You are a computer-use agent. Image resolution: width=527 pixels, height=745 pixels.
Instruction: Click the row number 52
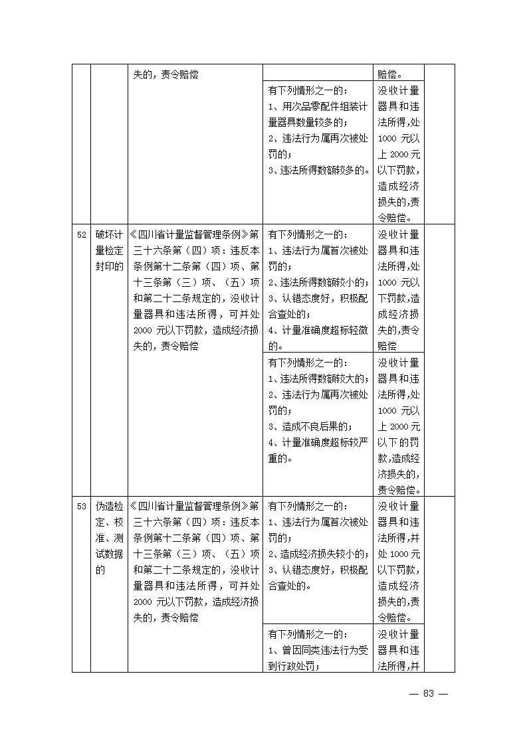coord(82,235)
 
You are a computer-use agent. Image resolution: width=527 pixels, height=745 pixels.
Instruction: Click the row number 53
coord(82,507)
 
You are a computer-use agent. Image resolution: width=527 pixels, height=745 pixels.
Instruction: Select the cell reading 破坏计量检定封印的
coord(109,251)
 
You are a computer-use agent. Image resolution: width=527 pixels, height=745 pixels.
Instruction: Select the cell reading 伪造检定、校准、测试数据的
coord(109,538)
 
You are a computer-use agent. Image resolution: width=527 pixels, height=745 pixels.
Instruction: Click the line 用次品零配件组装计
coord(318,106)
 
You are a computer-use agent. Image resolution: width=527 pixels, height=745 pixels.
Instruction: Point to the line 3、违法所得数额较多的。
coord(319,171)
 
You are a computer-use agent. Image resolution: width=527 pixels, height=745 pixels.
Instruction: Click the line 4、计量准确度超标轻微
coord(318,331)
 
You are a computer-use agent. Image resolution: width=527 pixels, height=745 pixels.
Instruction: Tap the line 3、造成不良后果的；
coord(310,426)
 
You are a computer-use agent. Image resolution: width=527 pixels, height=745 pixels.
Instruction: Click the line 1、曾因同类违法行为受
coord(318,650)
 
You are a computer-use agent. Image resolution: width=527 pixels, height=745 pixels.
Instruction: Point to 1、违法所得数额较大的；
coord(318,378)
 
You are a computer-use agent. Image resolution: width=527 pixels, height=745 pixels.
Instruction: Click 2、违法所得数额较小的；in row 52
coord(318,283)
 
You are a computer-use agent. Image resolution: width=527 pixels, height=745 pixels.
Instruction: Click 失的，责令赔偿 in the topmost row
coord(165,74)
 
